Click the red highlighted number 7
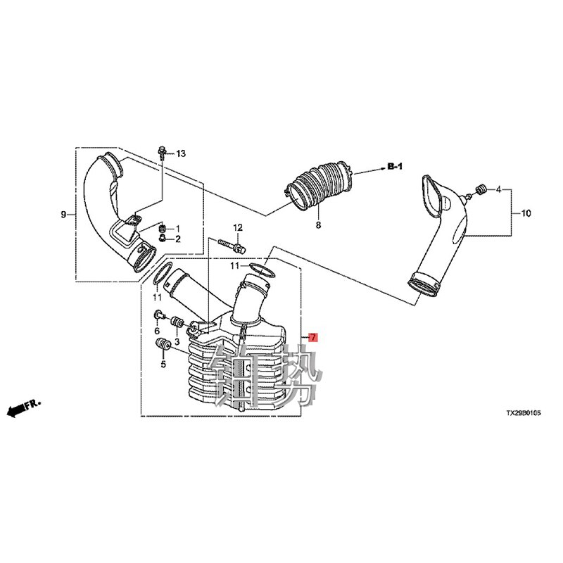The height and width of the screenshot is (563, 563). click(314, 338)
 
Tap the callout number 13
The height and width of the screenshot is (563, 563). click(180, 153)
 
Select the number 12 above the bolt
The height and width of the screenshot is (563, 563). click(238, 227)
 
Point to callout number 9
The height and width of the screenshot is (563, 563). click(64, 213)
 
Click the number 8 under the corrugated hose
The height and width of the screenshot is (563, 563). click(317, 225)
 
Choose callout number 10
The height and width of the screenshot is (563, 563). click(525, 212)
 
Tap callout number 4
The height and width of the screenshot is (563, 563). click(498, 190)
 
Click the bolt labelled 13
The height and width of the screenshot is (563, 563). click(163, 151)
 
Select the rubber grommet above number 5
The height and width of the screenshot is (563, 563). click(163, 346)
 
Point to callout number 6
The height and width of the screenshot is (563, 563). click(157, 331)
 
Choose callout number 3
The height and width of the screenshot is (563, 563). click(177, 341)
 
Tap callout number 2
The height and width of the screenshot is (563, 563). click(177, 239)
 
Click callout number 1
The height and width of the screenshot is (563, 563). click(177, 229)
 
